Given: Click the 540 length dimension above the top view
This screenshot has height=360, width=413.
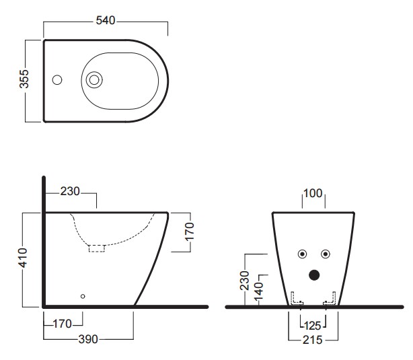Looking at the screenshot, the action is tap(106, 21).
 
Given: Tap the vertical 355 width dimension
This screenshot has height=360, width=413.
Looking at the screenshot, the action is tap(24, 79).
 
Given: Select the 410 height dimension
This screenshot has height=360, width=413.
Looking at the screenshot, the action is tap(23, 258).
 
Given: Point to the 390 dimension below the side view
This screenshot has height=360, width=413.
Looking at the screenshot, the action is tap(88, 339).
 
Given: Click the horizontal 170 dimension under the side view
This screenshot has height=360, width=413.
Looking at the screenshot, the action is tap(63, 324).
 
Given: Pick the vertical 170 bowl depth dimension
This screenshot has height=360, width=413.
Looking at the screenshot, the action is tap(190, 231).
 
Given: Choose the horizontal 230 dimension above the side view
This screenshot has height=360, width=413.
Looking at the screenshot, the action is tap(70, 191).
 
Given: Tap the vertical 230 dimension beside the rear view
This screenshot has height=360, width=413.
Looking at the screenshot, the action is tap(245, 281).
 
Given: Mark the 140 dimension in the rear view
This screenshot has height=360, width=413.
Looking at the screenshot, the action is tap(259, 291).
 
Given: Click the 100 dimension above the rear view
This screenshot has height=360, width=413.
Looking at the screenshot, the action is tap(313, 193).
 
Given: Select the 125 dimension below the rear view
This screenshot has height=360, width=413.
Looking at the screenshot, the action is tap(313, 326).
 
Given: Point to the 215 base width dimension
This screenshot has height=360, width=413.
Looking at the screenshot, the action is tap(313, 340).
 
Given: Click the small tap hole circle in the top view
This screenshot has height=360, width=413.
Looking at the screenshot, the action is tap(57, 79).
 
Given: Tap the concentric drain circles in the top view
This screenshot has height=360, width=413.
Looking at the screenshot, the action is tap(94, 79).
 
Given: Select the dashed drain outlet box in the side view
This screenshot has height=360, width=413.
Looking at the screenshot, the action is tap(97, 248).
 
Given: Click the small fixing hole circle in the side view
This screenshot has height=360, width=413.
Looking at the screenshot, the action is tap(83, 296).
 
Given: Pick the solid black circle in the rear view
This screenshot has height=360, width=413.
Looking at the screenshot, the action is tap(314, 275).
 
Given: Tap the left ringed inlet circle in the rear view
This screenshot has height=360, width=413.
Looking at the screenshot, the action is tap(303, 254).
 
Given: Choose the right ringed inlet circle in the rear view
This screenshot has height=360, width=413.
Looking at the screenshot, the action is tap(326, 254).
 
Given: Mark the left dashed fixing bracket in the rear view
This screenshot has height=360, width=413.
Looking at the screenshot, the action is tap(297, 298).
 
